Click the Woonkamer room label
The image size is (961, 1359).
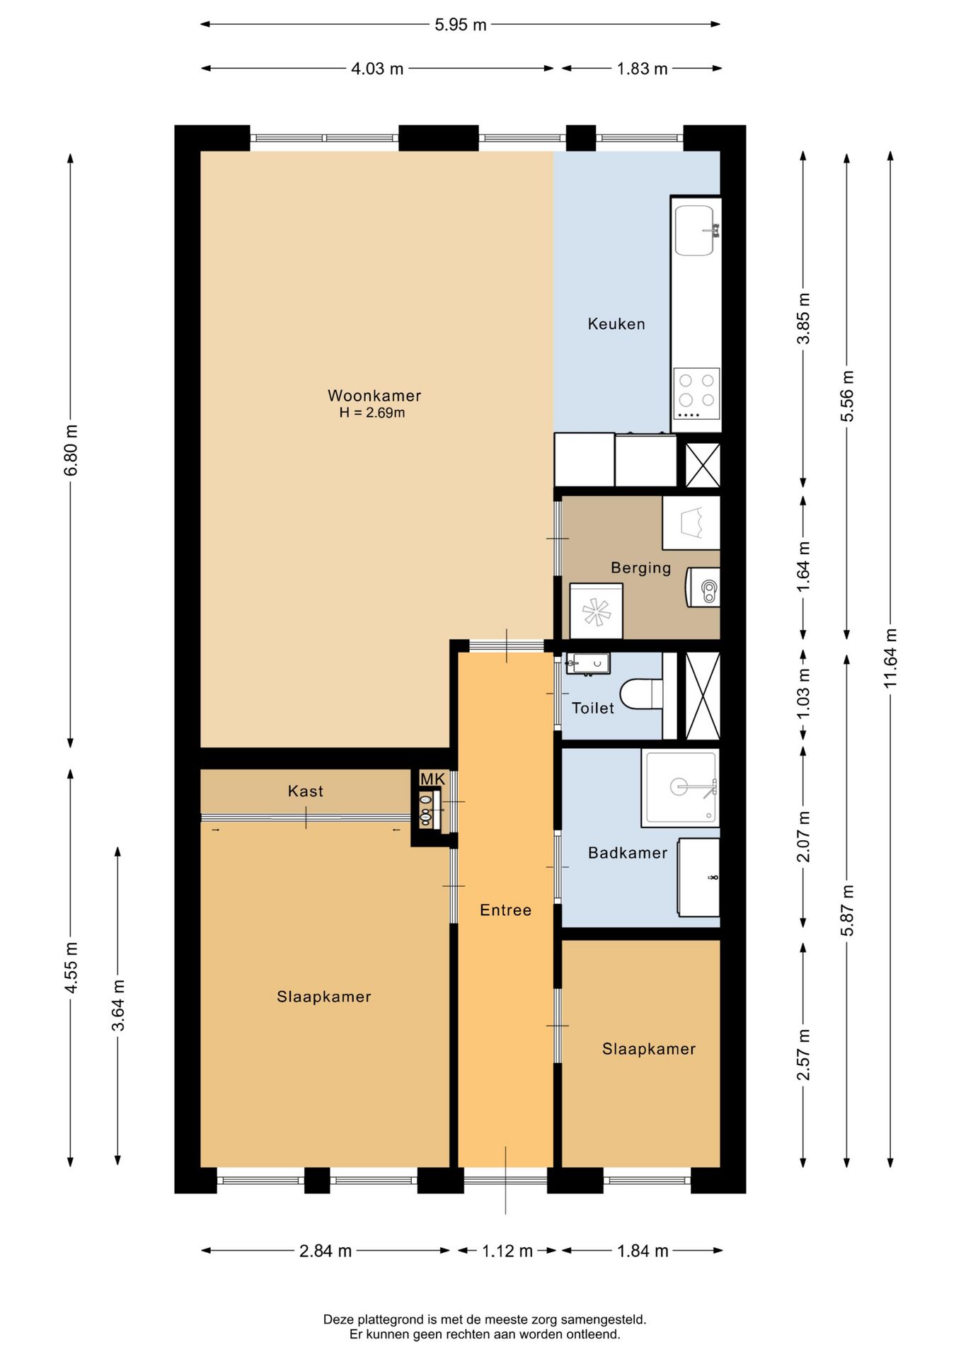pyautogui.click(x=374, y=396)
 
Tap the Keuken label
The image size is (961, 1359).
pyautogui.click(x=616, y=324)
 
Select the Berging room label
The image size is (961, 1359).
pyautogui.click(x=641, y=568)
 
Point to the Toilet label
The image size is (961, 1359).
pyautogui.click(x=593, y=708)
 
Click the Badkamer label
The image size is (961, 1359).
pyautogui.click(x=628, y=853)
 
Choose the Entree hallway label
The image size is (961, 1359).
pyautogui.click(x=505, y=910)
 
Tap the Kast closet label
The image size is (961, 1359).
pyautogui.click(x=306, y=791)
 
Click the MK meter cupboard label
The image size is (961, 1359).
pyautogui.click(x=432, y=779)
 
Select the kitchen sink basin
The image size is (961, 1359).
pyautogui.click(x=694, y=230)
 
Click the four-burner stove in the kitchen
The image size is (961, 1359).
pyautogui.click(x=696, y=394)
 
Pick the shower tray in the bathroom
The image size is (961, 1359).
pyautogui.click(x=680, y=789)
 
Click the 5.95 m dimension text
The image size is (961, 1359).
pyautogui.click(x=461, y=25)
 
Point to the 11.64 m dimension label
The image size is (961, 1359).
pyautogui.click(x=890, y=658)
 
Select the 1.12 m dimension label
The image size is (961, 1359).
pyautogui.click(x=507, y=1251)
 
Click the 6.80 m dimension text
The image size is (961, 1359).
pyautogui.click(x=71, y=450)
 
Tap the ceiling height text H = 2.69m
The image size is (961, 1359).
pyautogui.click(x=372, y=413)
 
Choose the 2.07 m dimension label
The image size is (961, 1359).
pyautogui.click(x=803, y=837)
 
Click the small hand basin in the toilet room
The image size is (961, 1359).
pyautogui.click(x=587, y=664)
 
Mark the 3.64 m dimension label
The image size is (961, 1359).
pyautogui.click(x=118, y=1005)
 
